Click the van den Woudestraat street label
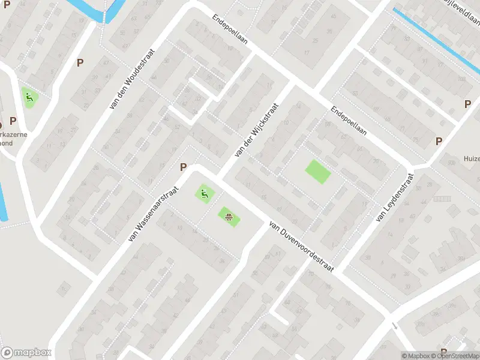[131, 79]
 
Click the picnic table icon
[228, 216]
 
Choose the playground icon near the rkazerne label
[28, 97]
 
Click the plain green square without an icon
[318, 172]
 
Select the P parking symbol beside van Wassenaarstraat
[184, 167]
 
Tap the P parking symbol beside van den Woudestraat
[80, 62]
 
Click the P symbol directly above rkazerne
[13, 121]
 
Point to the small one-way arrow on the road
[394, 326]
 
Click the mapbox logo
[26, 353]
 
